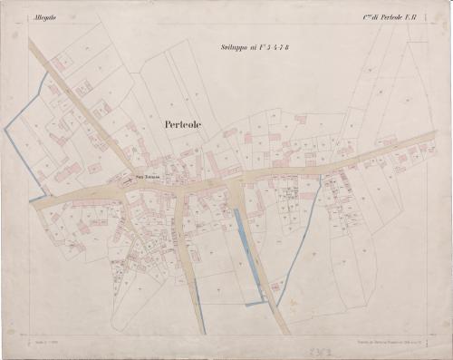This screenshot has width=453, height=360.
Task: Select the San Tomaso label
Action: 146,176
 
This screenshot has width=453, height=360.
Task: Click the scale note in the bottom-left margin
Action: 43,336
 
